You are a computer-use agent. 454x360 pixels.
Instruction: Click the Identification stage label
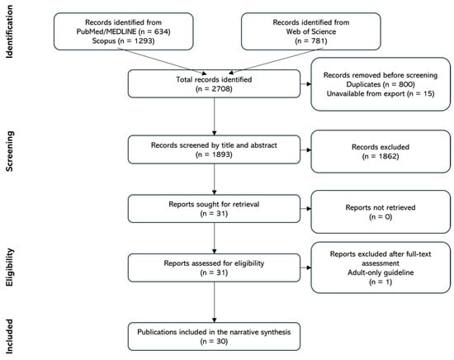tap(9, 32)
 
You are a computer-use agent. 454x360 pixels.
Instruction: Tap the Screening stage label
tap(9, 151)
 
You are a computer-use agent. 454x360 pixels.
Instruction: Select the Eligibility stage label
tap(9, 267)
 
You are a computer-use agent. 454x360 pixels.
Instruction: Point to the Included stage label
tap(9, 337)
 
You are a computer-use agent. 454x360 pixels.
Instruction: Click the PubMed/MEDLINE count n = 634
tap(154, 31)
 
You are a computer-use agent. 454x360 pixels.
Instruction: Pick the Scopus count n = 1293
tap(136, 40)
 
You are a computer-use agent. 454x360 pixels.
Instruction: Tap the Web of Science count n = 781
tap(311, 40)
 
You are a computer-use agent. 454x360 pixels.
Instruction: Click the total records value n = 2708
tap(214, 88)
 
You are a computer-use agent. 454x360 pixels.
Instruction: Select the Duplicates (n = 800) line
tap(381, 84)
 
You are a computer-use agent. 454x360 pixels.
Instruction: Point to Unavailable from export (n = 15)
tap(381, 93)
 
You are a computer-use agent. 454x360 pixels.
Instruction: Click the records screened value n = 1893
tap(214, 154)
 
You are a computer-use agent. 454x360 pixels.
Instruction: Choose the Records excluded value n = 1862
tap(381, 156)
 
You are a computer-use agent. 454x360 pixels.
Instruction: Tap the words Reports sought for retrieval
tap(214, 204)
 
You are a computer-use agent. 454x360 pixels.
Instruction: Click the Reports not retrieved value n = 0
tap(381, 216)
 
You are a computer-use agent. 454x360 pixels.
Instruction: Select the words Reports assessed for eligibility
tap(214, 263)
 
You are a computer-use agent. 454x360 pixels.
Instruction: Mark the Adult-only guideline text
tap(381, 272)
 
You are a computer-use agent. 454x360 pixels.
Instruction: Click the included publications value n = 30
tap(214, 341)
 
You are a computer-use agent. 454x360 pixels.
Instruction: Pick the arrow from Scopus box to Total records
tap(162, 61)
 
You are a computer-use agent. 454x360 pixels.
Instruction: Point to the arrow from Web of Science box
tap(276, 61)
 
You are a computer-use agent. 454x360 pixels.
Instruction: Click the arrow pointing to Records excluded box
tap(305, 150)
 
